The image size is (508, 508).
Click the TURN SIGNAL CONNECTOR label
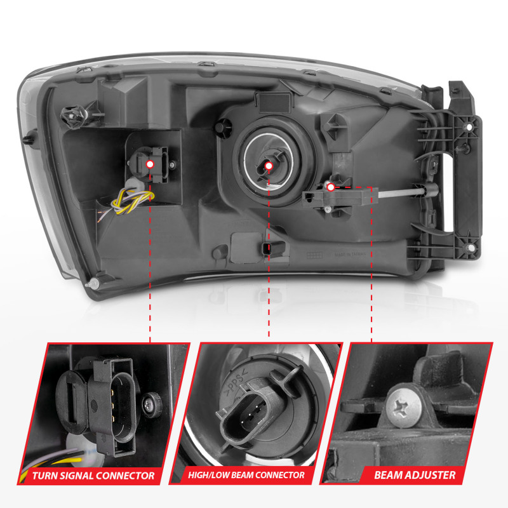coord(93,476)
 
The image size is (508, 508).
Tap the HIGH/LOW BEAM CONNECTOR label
coord(246,475)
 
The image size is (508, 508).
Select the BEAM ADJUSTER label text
coord(415,475)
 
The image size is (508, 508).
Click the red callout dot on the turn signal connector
coord(150,164)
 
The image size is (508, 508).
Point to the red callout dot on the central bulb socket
coord(269,166)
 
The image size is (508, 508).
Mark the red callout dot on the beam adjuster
coord(330,187)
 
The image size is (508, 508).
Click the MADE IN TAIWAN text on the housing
coord(350,255)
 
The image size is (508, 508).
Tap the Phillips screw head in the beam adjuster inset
coord(404,407)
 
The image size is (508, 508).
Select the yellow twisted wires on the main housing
coord(133,201)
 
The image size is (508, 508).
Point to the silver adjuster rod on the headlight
coord(401,193)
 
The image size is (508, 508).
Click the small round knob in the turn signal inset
coord(152,404)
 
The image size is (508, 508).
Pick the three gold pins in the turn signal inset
coord(113,405)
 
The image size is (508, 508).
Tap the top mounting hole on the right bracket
coord(469,126)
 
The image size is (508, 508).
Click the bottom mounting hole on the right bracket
coord(470,248)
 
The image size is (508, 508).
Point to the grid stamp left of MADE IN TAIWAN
coord(314,255)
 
